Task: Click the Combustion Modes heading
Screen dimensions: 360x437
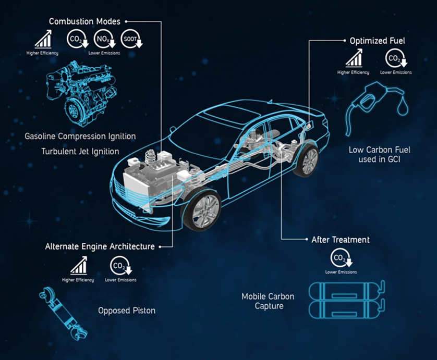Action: (x=84, y=21)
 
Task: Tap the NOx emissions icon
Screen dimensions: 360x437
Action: (x=102, y=40)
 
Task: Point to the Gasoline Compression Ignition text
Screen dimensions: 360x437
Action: (x=80, y=136)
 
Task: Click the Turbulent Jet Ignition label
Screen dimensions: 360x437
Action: (x=80, y=152)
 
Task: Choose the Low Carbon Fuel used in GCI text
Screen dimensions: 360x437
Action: (x=380, y=154)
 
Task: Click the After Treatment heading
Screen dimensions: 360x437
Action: (x=341, y=240)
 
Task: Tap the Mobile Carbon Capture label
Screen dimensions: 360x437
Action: (x=268, y=301)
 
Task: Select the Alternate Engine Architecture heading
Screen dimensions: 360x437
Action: (x=100, y=246)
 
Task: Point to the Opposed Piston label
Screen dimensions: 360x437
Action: (x=127, y=311)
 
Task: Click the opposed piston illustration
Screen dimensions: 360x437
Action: (x=60, y=313)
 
